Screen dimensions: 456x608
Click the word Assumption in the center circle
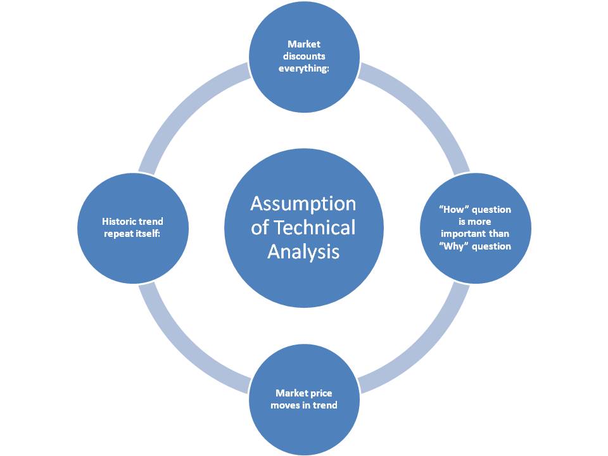click(x=303, y=204)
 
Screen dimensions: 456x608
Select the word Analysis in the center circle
click(x=303, y=251)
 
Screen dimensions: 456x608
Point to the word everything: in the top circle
click(x=304, y=68)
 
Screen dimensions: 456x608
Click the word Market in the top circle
click(x=304, y=44)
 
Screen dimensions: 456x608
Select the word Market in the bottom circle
click(x=291, y=393)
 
